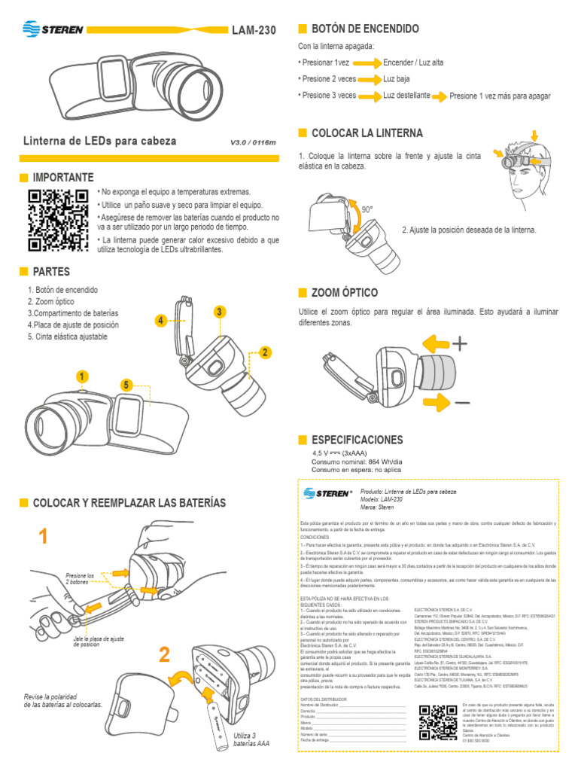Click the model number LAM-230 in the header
(x=254, y=31)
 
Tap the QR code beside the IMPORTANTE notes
(x=57, y=220)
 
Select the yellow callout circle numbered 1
(x=81, y=376)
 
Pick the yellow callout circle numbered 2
(x=264, y=352)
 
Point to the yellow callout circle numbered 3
(x=219, y=312)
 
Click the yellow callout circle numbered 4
(x=160, y=321)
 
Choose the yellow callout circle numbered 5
(x=126, y=385)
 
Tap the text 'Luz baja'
(x=397, y=79)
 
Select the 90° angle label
(x=367, y=209)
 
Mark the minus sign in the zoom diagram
(x=462, y=402)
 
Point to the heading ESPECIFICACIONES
(x=357, y=439)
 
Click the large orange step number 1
(x=44, y=536)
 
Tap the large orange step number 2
(x=164, y=655)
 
